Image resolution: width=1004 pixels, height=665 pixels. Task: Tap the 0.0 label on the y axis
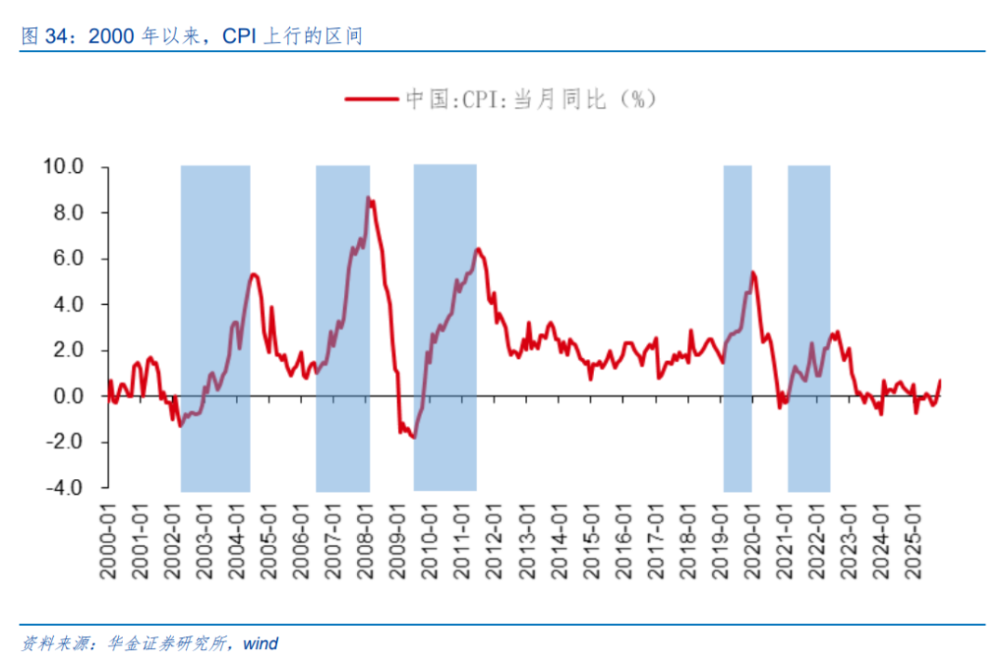point(70,396)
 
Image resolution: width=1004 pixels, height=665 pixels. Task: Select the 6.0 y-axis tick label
point(70,259)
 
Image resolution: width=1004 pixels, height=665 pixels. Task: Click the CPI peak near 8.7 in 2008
point(368,198)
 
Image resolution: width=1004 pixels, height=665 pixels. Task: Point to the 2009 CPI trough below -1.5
point(414,437)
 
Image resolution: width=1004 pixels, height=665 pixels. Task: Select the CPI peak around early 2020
point(752,273)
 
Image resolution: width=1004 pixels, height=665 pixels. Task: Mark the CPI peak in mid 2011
point(477,248)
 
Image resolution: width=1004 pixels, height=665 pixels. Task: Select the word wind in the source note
point(260,644)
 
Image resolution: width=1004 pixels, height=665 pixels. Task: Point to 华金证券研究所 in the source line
point(167,644)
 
